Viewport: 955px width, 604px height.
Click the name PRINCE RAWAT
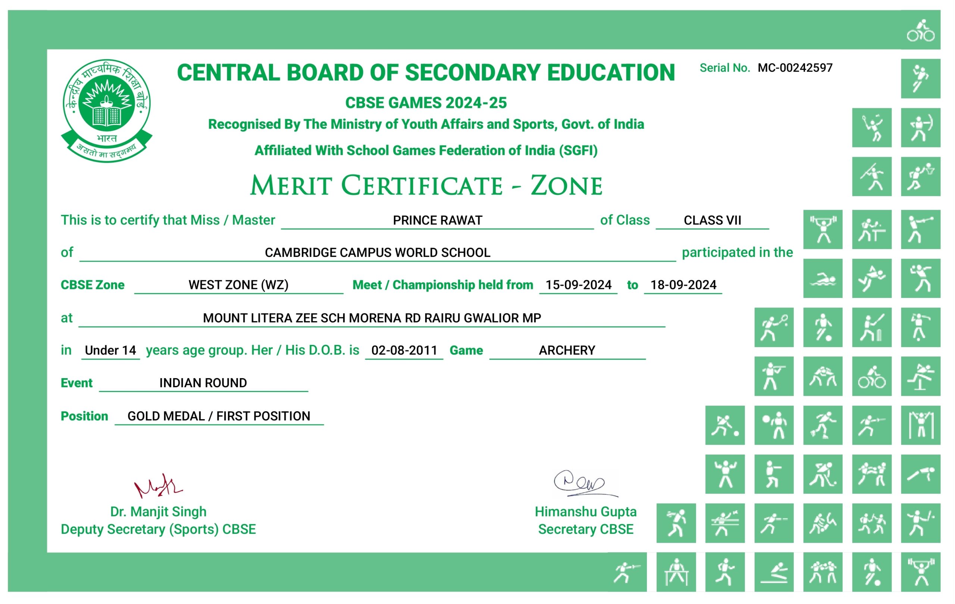pos(437,220)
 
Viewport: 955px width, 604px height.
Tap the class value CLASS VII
pos(712,220)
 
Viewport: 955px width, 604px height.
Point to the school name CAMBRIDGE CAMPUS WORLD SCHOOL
pos(377,252)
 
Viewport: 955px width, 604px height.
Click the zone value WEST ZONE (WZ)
pos(238,285)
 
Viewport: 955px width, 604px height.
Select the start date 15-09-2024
pos(578,285)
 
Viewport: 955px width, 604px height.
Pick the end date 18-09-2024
pos(683,285)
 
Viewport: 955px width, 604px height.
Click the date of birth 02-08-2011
pos(404,351)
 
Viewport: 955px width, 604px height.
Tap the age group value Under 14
pos(110,351)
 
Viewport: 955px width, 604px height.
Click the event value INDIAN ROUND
pos(203,383)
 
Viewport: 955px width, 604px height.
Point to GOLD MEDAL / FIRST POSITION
pos(219,416)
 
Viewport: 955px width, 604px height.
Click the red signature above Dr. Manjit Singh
pos(158,486)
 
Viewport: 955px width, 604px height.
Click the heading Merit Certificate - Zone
pos(426,186)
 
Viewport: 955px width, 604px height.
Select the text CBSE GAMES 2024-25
pos(426,103)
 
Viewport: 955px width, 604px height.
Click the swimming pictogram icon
pos(823,278)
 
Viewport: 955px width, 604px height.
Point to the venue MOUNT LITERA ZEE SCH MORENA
pos(372,318)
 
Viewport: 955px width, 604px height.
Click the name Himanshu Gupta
pos(585,512)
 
